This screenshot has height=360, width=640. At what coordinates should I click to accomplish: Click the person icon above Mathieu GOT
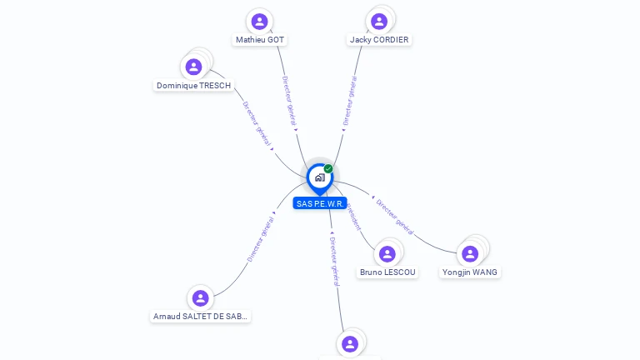259,22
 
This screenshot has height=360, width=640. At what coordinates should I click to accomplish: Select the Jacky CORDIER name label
379,40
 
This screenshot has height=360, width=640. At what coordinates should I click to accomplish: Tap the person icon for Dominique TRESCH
194,67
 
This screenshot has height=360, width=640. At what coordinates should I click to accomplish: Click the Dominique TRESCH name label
193,86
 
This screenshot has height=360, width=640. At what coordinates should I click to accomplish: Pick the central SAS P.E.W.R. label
320,203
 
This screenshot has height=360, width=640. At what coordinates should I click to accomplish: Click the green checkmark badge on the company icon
328,169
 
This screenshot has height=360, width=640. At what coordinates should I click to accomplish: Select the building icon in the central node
319,177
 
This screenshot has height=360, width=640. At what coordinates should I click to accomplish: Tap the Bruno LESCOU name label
387,272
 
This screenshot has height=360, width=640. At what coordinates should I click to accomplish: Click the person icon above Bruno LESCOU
387,253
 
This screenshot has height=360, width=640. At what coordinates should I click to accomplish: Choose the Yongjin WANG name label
470,272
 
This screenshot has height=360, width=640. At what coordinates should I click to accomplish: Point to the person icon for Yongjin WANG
470,253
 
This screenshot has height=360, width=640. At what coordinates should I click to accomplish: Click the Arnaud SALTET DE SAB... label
201,317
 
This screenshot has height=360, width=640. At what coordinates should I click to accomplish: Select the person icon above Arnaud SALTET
200,297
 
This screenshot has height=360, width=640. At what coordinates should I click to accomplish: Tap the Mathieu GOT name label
260,40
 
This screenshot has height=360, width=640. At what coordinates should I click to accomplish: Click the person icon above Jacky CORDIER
379,22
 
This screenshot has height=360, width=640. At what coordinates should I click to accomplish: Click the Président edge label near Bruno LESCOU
353,215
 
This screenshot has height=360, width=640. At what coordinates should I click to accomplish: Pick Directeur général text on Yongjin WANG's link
394,214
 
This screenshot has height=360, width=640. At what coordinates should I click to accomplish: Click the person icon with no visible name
350,343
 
